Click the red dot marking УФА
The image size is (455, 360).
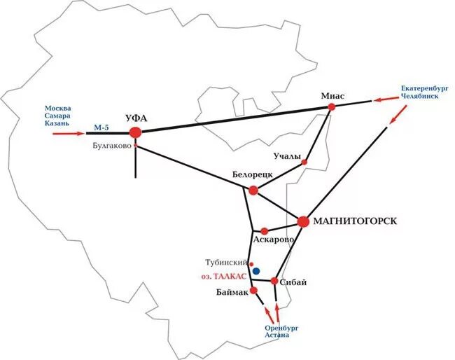[x=135, y=132]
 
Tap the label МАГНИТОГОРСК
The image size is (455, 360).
[x=355, y=221]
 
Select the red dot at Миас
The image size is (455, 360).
[x=332, y=106]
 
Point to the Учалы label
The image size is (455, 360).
[x=287, y=155]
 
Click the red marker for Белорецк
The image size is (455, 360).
[x=253, y=191]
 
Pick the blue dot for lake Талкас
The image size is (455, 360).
[x=256, y=271]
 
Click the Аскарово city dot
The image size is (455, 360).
[x=264, y=231]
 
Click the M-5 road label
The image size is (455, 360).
[x=101, y=127]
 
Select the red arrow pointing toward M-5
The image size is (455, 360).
[x=69, y=131]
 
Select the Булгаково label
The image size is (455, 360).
[x=111, y=146]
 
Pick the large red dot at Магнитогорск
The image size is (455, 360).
[x=303, y=221]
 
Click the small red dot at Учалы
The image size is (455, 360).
[x=304, y=162]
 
